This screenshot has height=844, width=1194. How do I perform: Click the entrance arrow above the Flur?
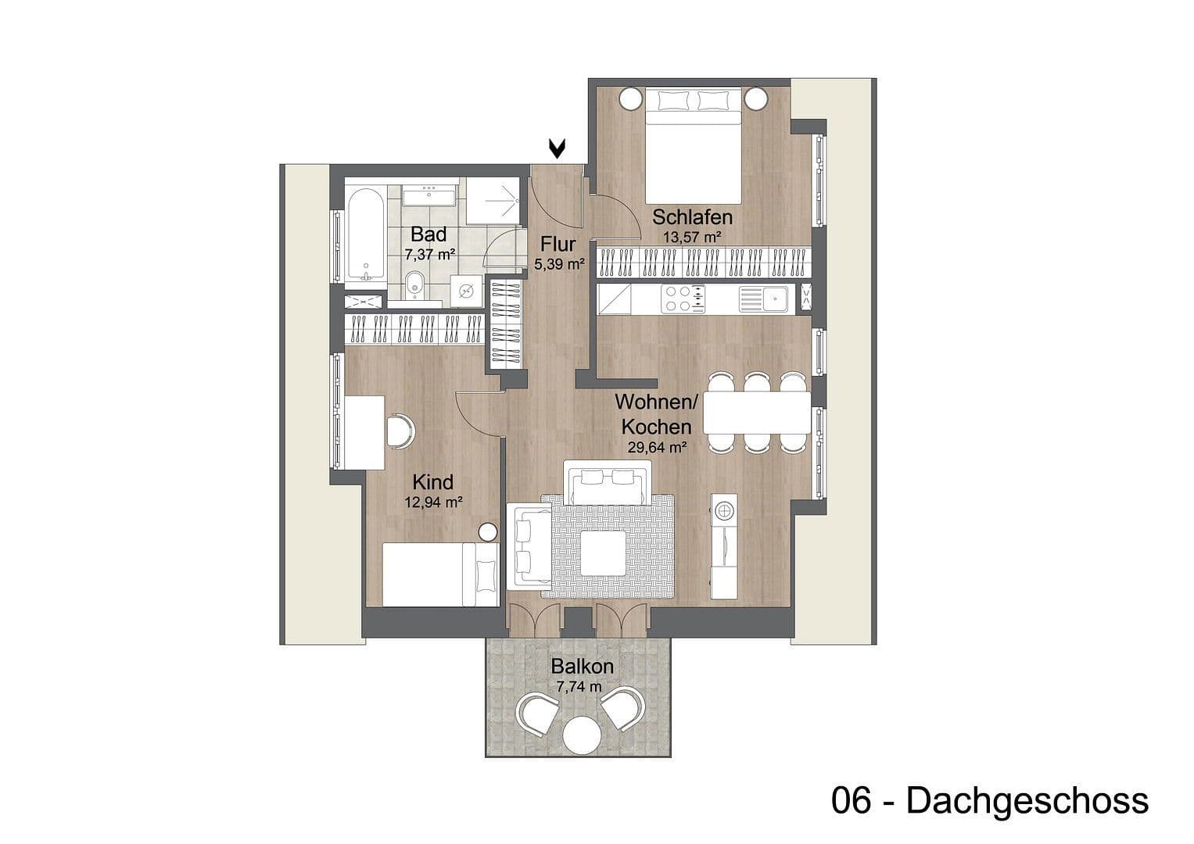pos(557,148)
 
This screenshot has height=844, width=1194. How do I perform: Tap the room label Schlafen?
pos(692,216)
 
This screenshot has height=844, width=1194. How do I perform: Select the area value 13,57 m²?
pos(692,236)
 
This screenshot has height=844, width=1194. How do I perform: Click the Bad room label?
pos(428,234)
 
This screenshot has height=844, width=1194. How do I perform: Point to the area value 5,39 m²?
pos(559,265)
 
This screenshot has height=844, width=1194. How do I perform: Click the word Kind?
pos(433,482)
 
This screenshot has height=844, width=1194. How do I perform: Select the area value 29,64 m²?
pos(657,448)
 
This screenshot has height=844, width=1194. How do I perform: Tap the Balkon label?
pos(582,667)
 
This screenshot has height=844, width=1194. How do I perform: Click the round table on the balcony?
pos(581,735)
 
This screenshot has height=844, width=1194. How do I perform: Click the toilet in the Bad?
pos(415,286)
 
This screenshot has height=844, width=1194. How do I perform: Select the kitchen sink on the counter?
pos(774,297)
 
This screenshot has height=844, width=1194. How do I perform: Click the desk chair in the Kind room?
pos(400,431)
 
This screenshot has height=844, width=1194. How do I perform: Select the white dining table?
pos(756,412)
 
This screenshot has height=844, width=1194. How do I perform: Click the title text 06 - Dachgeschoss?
pos(990,801)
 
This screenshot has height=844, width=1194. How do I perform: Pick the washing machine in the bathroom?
pos(468,291)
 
